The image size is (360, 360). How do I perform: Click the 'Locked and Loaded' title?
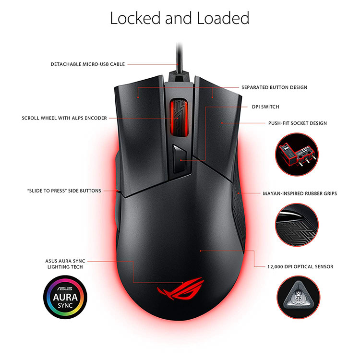180,18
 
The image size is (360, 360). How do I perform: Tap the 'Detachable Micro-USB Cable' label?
88,64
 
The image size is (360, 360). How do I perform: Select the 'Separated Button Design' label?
275,87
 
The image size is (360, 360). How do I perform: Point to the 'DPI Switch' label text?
265,107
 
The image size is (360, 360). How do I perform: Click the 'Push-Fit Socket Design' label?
298,123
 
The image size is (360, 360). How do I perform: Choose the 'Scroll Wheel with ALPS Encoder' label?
64,118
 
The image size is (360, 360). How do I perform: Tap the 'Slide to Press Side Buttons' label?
64,191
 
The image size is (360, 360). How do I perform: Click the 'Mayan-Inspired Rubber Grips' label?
300,193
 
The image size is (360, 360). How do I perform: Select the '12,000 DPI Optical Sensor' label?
300,267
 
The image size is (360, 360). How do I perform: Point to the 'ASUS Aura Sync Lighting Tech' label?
65,264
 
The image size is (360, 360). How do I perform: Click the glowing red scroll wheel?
179,117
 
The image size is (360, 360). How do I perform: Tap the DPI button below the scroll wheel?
180,159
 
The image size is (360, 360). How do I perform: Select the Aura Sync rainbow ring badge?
65,297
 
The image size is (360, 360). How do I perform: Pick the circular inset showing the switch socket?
297,155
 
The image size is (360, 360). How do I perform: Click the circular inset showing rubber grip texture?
297,225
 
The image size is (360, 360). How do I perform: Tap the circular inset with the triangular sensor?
298,297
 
